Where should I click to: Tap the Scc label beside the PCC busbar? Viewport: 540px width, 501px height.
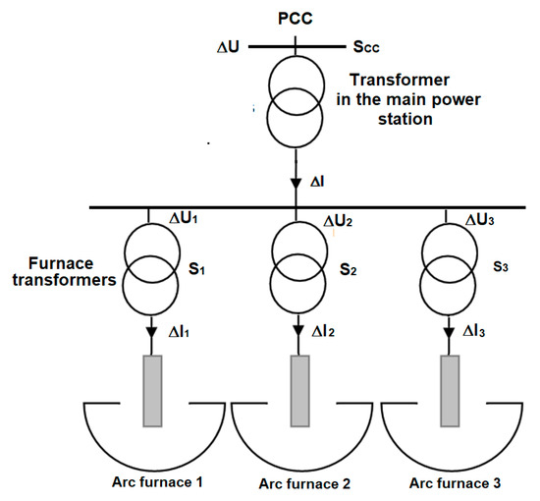370,45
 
